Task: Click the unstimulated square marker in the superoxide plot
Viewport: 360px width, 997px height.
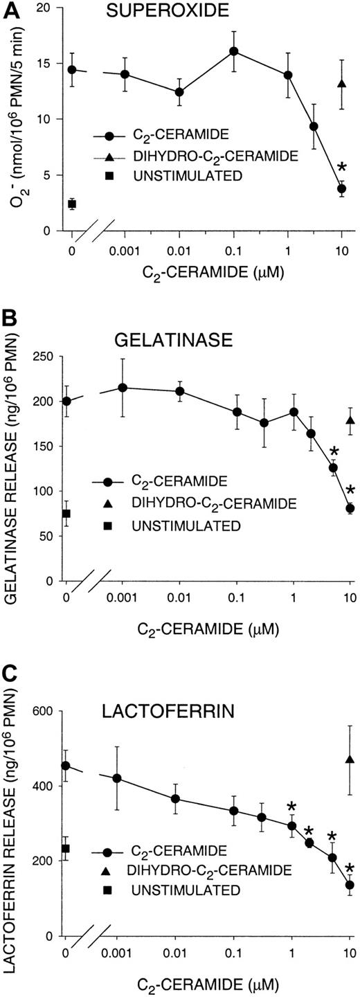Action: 71,204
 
